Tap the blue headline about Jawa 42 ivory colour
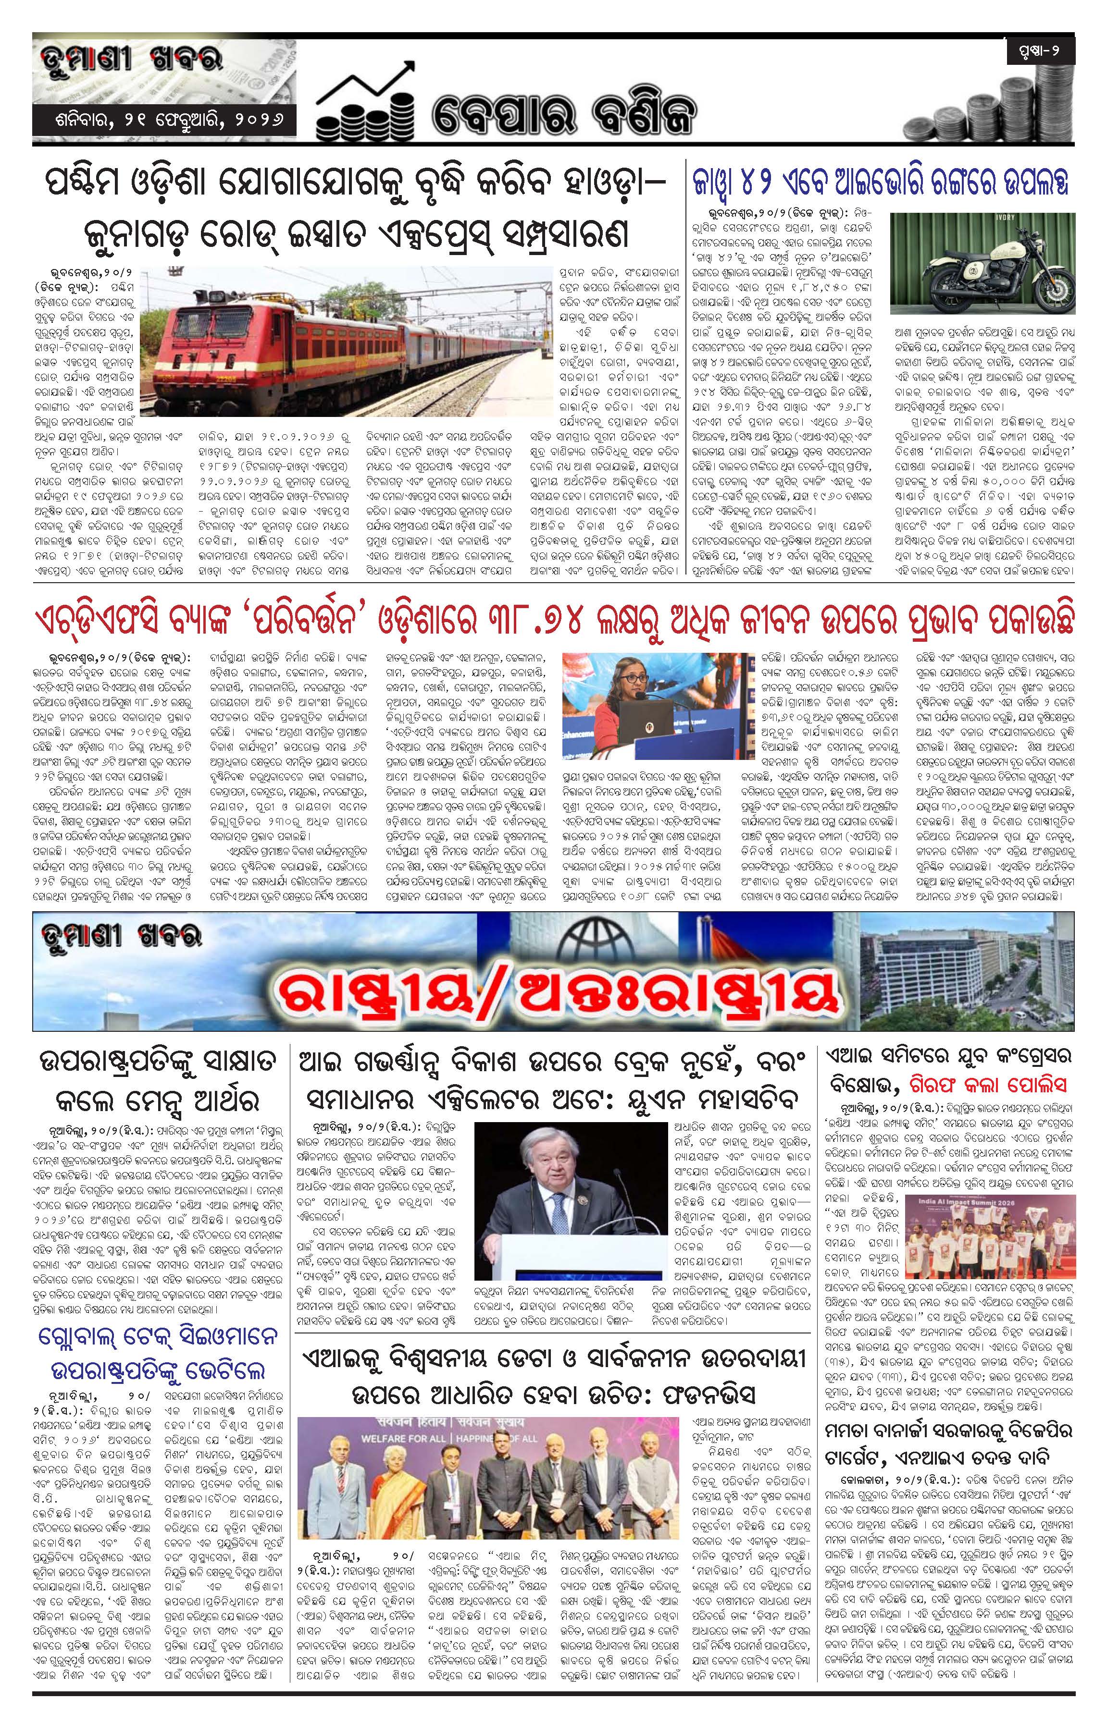tap(881, 183)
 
